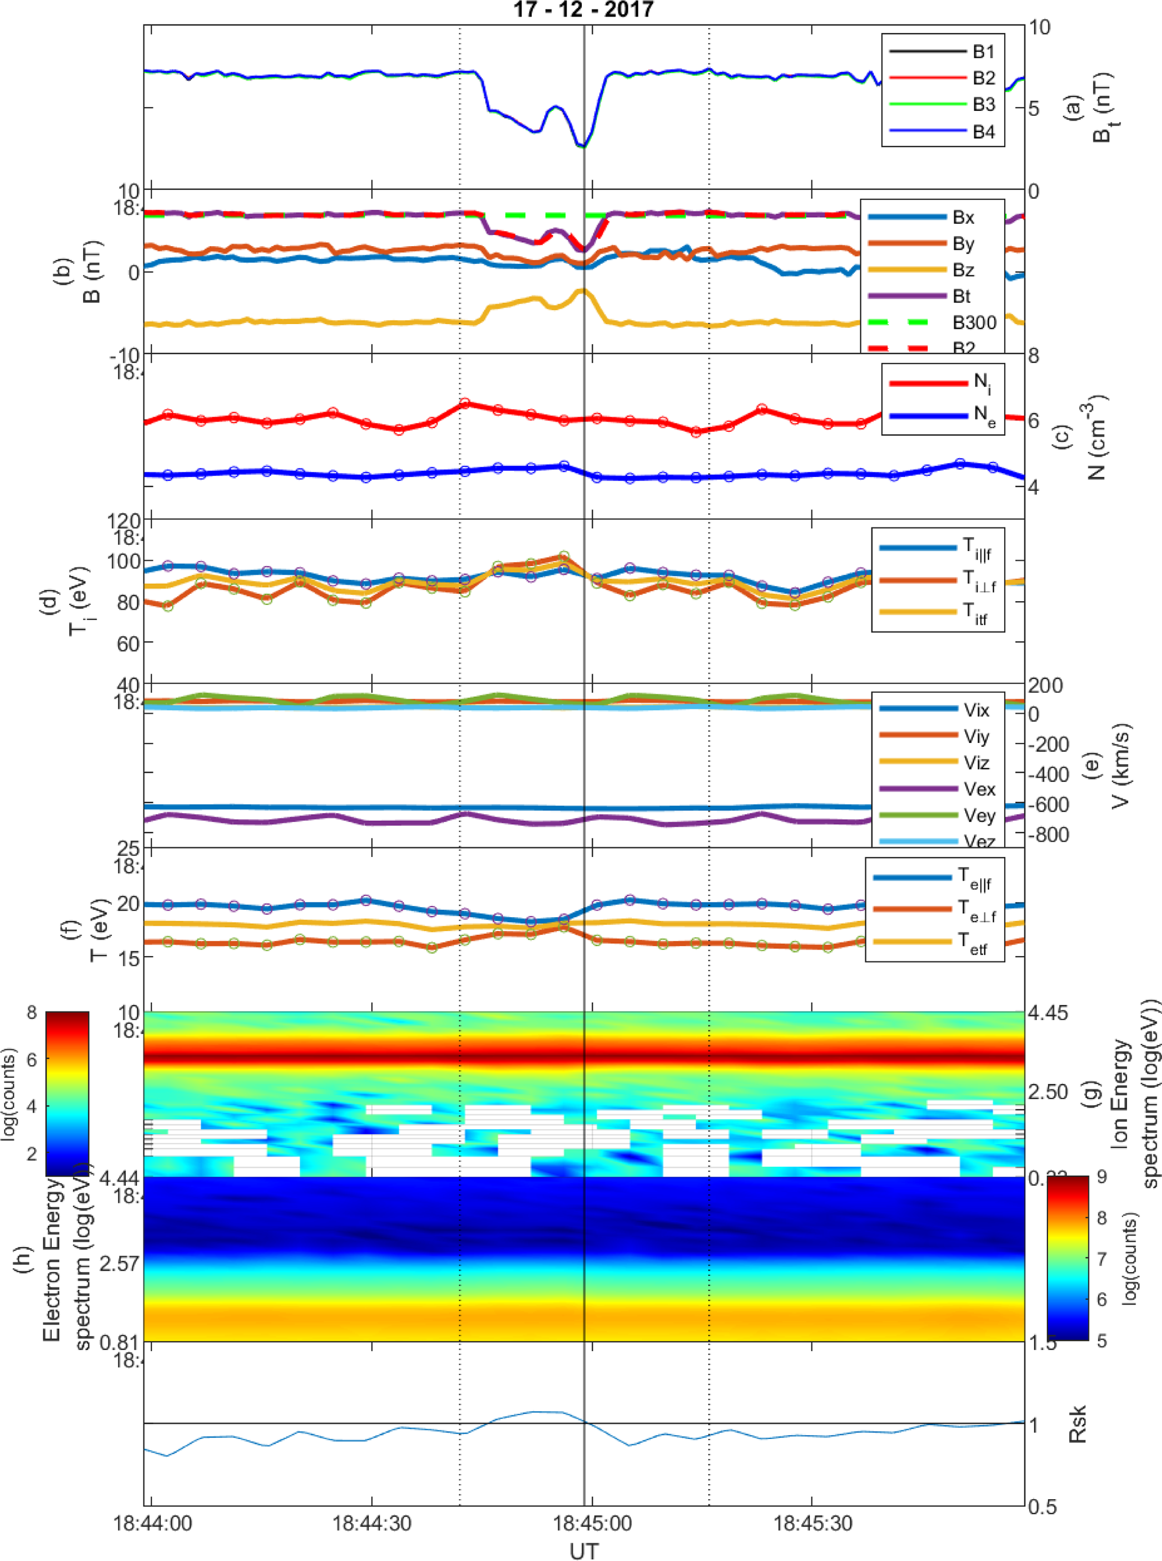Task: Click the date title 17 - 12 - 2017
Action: coord(583,10)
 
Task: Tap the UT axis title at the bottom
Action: coord(583,1550)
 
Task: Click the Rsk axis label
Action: coord(1077,1424)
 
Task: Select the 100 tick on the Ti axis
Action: coord(124,561)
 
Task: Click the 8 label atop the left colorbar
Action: coord(31,1013)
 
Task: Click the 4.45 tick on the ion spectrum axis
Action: coord(1047,1013)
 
